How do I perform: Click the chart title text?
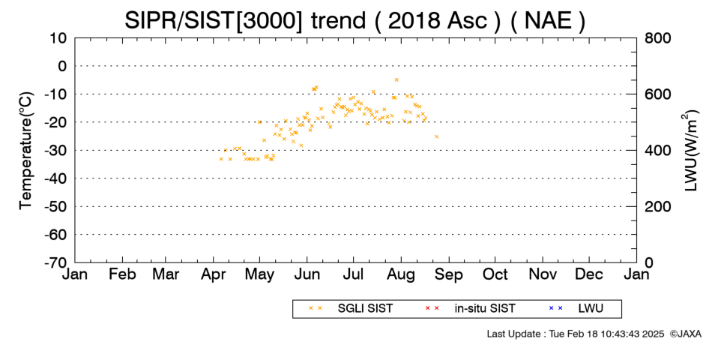pos(355,20)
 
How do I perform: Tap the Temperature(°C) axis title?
pos(26,151)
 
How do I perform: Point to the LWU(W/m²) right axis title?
pos(690,151)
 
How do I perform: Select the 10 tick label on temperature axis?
pos(58,38)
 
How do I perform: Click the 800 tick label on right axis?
pos(657,38)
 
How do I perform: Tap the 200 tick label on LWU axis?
pos(657,206)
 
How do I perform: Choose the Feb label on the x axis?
pos(122,274)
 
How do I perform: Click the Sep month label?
pos(449,274)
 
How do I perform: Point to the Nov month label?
pos(543,274)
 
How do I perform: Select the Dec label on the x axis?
pos(589,274)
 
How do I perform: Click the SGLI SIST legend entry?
pos(351,308)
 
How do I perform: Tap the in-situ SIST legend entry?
pos(470,308)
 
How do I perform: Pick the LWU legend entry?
pos(576,308)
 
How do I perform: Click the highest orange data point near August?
pos(396,79)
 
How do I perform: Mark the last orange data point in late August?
pos(436,136)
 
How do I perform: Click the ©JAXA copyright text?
pos(685,334)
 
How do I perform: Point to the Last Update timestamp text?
pos(576,334)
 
